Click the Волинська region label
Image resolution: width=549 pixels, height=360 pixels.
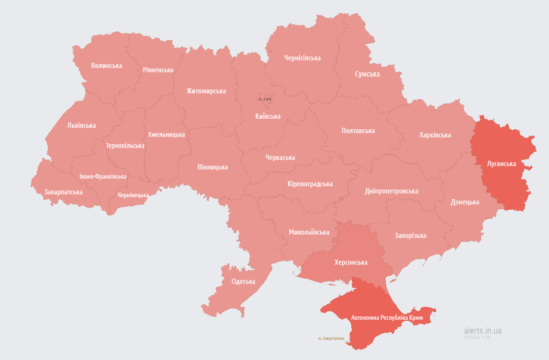106,66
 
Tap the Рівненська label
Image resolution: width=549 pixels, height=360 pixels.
158,70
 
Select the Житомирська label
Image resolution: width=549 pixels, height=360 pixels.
206,91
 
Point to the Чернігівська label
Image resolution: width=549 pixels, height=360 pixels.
302,58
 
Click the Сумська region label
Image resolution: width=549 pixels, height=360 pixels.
367,74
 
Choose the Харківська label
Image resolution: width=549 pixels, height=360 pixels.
435,135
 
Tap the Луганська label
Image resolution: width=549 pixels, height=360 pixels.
501,164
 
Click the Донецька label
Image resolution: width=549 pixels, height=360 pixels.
464,202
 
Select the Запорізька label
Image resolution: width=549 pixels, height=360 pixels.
410,236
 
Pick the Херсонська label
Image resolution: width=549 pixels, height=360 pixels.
351,262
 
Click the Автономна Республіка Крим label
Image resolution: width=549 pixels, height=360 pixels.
387,317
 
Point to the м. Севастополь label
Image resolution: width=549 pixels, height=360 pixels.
331,338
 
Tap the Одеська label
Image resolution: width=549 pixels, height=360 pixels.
243,281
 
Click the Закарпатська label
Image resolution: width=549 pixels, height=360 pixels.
63,192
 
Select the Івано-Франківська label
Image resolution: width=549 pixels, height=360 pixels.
103,176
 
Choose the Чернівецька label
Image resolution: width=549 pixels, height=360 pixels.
133,195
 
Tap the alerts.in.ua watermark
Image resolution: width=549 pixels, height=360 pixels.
482,330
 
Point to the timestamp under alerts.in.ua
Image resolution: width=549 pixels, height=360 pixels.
477,337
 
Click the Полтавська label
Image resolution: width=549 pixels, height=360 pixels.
358,131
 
